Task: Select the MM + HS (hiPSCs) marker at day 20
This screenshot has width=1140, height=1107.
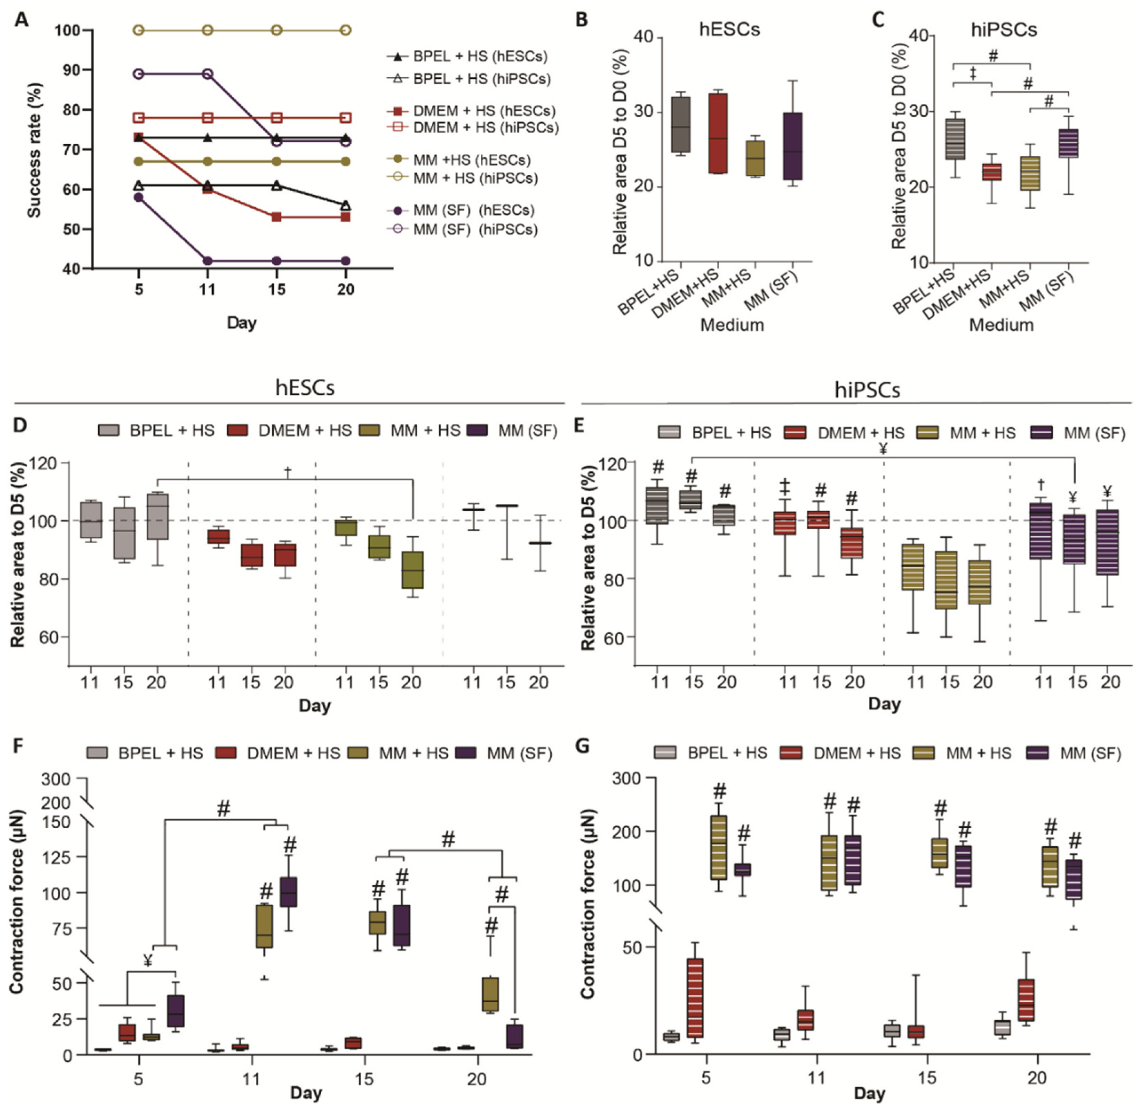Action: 345,30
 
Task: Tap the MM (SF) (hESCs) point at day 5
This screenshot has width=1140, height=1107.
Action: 138,197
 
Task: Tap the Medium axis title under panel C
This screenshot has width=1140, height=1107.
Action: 1001,325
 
